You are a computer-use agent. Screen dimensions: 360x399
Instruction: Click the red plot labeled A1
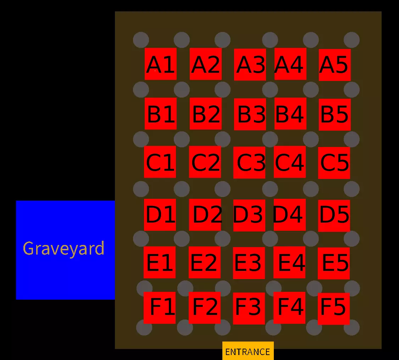[x=160, y=64]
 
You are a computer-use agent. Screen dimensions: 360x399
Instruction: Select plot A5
[x=334, y=65]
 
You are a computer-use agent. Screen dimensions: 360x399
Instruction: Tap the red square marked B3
[x=250, y=114]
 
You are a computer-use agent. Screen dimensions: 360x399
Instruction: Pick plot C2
[x=205, y=162]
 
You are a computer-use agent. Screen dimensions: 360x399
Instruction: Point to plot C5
[x=334, y=163]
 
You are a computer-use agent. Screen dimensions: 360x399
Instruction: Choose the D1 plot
[x=160, y=215]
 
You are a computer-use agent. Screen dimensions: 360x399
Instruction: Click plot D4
[x=289, y=214]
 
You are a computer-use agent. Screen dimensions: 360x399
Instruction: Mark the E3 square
[x=249, y=263]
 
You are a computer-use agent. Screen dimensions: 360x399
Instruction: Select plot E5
[x=333, y=263]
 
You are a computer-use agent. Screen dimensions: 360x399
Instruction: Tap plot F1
[x=159, y=308]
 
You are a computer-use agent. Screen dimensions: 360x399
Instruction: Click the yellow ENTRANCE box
[x=248, y=351]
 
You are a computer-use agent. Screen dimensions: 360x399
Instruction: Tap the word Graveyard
[x=63, y=249]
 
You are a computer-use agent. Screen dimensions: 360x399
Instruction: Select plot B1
[x=160, y=114]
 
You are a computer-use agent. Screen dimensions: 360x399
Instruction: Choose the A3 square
[x=250, y=65]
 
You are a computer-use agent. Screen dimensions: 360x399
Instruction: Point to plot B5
[x=334, y=114]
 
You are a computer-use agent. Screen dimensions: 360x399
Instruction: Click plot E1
[x=159, y=262]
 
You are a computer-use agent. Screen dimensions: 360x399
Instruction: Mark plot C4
[x=289, y=162]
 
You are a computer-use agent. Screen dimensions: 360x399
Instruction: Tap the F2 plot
[x=204, y=308]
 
